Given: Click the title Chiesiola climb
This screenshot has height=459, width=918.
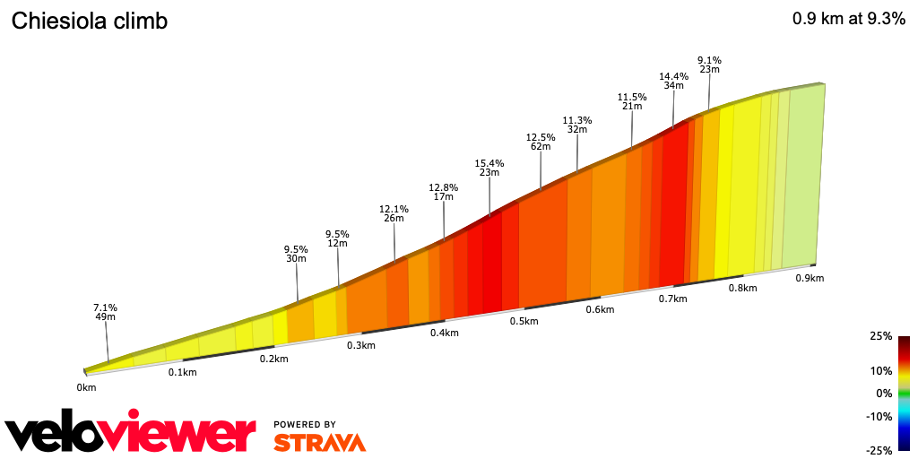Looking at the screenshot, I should (x=89, y=22).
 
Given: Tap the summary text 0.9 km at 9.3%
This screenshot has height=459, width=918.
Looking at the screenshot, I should (x=848, y=20).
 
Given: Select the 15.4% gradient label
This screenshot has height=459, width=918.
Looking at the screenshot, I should (x=489, y=163).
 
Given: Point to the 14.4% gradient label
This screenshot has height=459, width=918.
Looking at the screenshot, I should (x=673, y=77).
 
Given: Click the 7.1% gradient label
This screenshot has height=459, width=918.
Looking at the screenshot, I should (x=106, y=307).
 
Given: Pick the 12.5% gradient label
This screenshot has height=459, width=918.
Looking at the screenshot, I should (x=541, y=137).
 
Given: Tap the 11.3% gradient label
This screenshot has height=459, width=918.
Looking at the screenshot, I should (x=577, y=120).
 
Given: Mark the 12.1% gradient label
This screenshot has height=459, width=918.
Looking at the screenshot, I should (x=394, y=209).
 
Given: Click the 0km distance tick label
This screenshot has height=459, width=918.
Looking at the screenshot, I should (x=86, y=387).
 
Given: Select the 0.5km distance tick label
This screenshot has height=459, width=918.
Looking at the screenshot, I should (x=524, y=321).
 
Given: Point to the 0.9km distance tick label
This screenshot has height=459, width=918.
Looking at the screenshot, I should (x=810, y=278).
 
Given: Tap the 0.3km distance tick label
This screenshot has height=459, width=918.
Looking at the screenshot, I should (x=360, y=345).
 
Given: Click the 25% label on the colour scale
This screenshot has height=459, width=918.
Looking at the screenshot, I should (x=881, y=336).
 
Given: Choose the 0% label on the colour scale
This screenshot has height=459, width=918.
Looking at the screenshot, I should (x=884, y=393).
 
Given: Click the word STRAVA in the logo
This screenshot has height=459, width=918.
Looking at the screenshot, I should (x=319, y=442).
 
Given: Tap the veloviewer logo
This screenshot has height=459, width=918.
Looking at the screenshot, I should (x=130, y=433).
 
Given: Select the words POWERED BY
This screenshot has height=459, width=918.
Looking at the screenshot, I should (x=305, y=424).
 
